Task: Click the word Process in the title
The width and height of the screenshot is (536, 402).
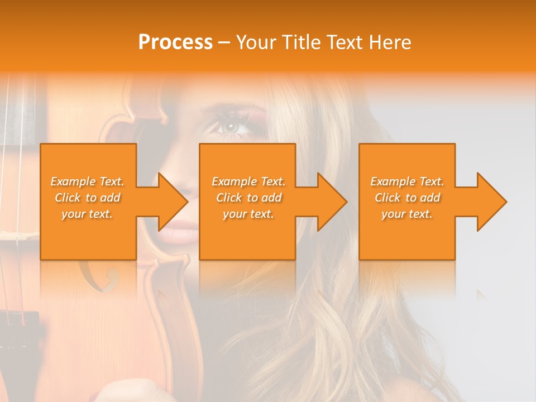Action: point(175,42)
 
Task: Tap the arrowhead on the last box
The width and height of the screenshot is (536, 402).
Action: point(491,202)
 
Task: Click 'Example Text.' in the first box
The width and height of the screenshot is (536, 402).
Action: point(87,181)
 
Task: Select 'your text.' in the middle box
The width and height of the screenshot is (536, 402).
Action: point(248,214)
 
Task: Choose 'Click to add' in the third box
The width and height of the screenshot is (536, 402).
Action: point(407,198)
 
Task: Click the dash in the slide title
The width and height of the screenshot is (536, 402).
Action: point(224,42)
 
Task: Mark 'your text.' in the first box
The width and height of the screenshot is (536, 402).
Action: point(87,214)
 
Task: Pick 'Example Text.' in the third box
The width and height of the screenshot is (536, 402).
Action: point(407,181)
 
